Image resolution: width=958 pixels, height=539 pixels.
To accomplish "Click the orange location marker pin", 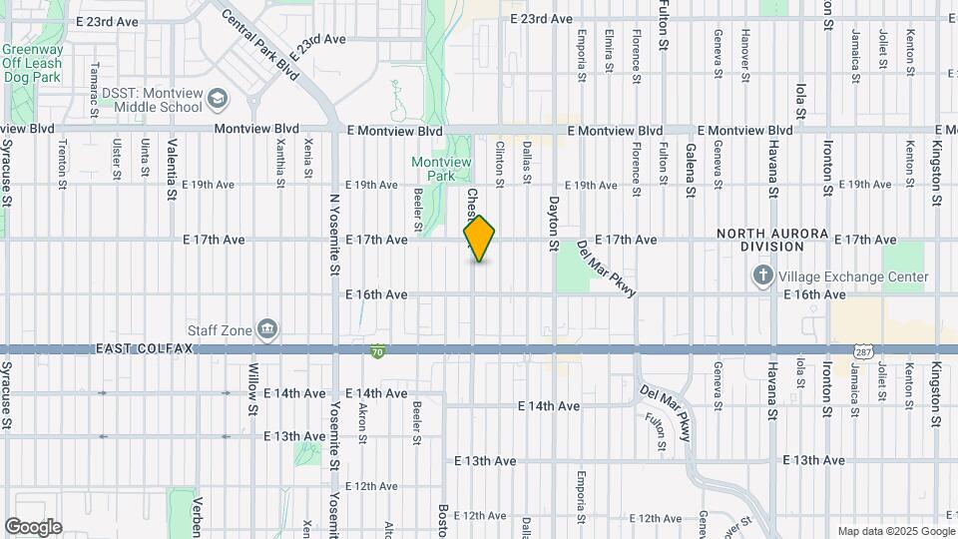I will point(479,239).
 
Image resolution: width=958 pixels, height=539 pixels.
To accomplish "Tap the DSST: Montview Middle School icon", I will point(219,98).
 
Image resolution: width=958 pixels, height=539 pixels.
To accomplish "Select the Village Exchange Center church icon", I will point(763,276).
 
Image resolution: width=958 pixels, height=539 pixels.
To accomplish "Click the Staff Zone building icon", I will point(266,329).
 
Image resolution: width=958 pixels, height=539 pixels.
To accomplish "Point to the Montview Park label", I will point(434,169).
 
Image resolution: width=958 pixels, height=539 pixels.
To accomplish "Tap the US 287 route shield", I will point(864,351).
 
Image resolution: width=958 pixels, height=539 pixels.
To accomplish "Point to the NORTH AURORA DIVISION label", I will point(772,240).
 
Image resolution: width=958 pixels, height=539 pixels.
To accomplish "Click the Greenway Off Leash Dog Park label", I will point(32,63).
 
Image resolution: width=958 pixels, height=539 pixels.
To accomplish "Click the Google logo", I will point(33,527).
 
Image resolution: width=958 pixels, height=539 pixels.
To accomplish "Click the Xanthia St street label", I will point(279,162).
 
